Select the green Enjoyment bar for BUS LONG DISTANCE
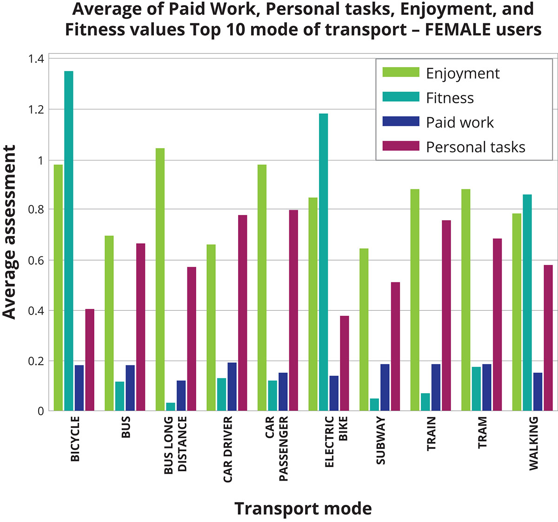pos(160,280)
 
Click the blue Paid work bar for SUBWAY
pos(385,387)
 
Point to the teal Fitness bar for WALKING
pos(527,302)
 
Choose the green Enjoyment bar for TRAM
pos(466,300)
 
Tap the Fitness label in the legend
pos(450,98)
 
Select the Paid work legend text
pos(460,122)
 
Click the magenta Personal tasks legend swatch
pos(400,146)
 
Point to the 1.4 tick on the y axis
pos(35,59)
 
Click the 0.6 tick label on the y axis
pos(35,260)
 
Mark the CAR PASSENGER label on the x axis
pos(277,448)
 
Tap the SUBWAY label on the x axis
pos(380,440)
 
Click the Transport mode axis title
pos(303,509)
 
